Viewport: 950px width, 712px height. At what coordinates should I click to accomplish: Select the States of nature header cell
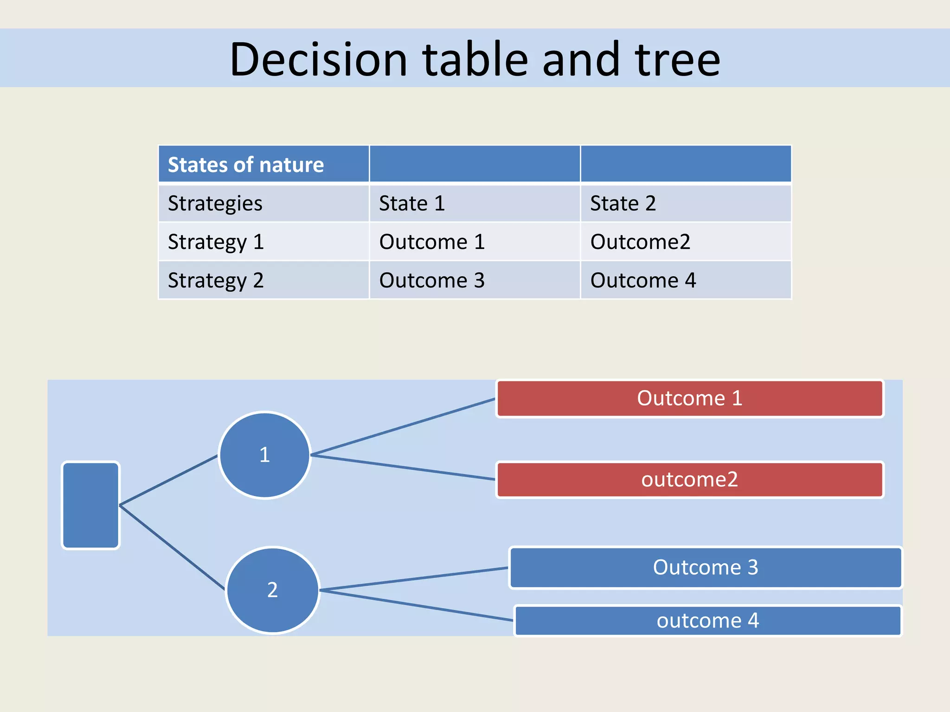tap(263, 165)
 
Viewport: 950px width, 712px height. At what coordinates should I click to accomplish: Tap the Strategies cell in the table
tap(263, 203)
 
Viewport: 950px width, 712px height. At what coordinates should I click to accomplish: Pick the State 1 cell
tap(474, 203)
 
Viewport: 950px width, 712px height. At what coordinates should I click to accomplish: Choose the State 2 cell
tap(685, 203)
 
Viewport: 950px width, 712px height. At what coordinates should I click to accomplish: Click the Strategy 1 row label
tap(263, 242)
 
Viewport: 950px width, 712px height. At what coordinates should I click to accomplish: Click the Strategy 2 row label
tap(263, 280)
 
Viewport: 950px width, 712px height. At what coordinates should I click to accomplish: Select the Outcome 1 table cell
tap(474, 242)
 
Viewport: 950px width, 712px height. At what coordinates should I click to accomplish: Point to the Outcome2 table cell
tap(685, 242)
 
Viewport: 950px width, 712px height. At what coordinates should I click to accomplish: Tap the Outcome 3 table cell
tap(474, 280)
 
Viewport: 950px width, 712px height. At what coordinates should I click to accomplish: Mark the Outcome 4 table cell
tap(685, 280)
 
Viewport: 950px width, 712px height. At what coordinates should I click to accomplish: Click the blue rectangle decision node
tap(91, 505)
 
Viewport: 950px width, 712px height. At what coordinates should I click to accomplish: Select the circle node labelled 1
tap(264, 455)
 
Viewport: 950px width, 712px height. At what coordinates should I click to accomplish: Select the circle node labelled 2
tap(273, 590)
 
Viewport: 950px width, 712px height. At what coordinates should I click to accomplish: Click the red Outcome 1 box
tap(690, 399)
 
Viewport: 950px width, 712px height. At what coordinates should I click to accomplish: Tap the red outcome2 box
tap(690, 480)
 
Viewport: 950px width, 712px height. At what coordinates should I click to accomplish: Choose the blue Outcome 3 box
tap(706, 567)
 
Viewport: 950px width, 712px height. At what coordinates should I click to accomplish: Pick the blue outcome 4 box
tap(707, 621)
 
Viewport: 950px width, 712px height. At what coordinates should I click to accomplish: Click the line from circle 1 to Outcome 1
tap(403, 427)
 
